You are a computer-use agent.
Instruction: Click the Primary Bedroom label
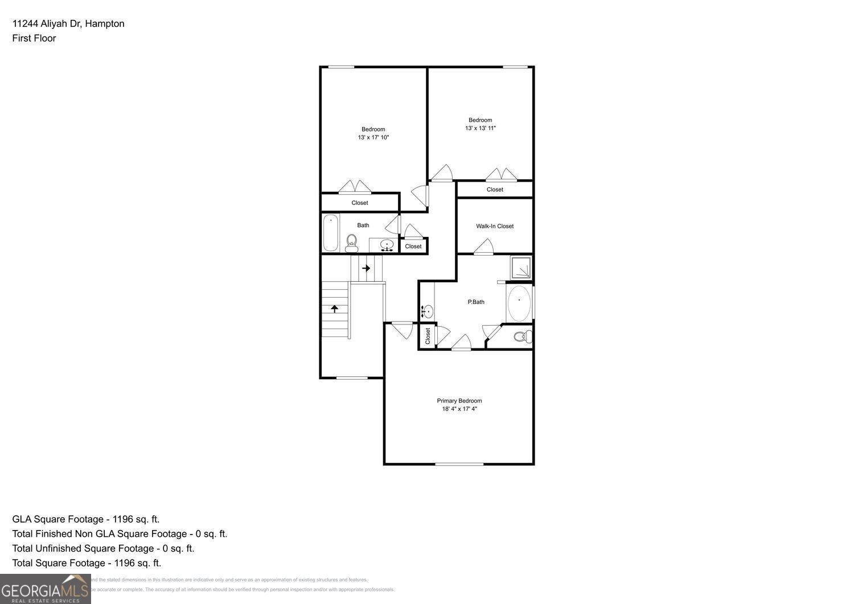pos(459,401)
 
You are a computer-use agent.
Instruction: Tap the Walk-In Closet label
pos(495,226)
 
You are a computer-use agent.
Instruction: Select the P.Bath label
pos(476,302)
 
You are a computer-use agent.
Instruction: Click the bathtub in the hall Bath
pos(331,233)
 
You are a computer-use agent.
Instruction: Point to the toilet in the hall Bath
pos(351,244)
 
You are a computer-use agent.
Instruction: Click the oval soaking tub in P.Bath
pos(519,303)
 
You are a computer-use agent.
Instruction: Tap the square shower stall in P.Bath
pos(520,268)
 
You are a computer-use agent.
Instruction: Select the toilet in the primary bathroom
pos(522,336)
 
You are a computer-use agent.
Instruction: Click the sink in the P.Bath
pos(427,311)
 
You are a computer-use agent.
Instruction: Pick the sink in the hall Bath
pos(387,246)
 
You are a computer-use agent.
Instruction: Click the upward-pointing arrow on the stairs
pos(335,308)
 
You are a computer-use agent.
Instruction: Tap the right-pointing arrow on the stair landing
pos(366,268)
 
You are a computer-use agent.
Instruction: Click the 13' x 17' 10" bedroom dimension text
pos(373,138)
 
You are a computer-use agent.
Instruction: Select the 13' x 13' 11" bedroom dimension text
pos(480,129)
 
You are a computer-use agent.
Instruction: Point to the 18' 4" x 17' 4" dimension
pos(459,409)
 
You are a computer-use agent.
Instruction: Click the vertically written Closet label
pos(428,336)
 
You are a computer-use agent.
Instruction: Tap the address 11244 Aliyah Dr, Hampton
pos(68,23)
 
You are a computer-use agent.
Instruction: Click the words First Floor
pos(34,38)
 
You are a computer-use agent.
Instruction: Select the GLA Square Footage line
pos(86,519)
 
